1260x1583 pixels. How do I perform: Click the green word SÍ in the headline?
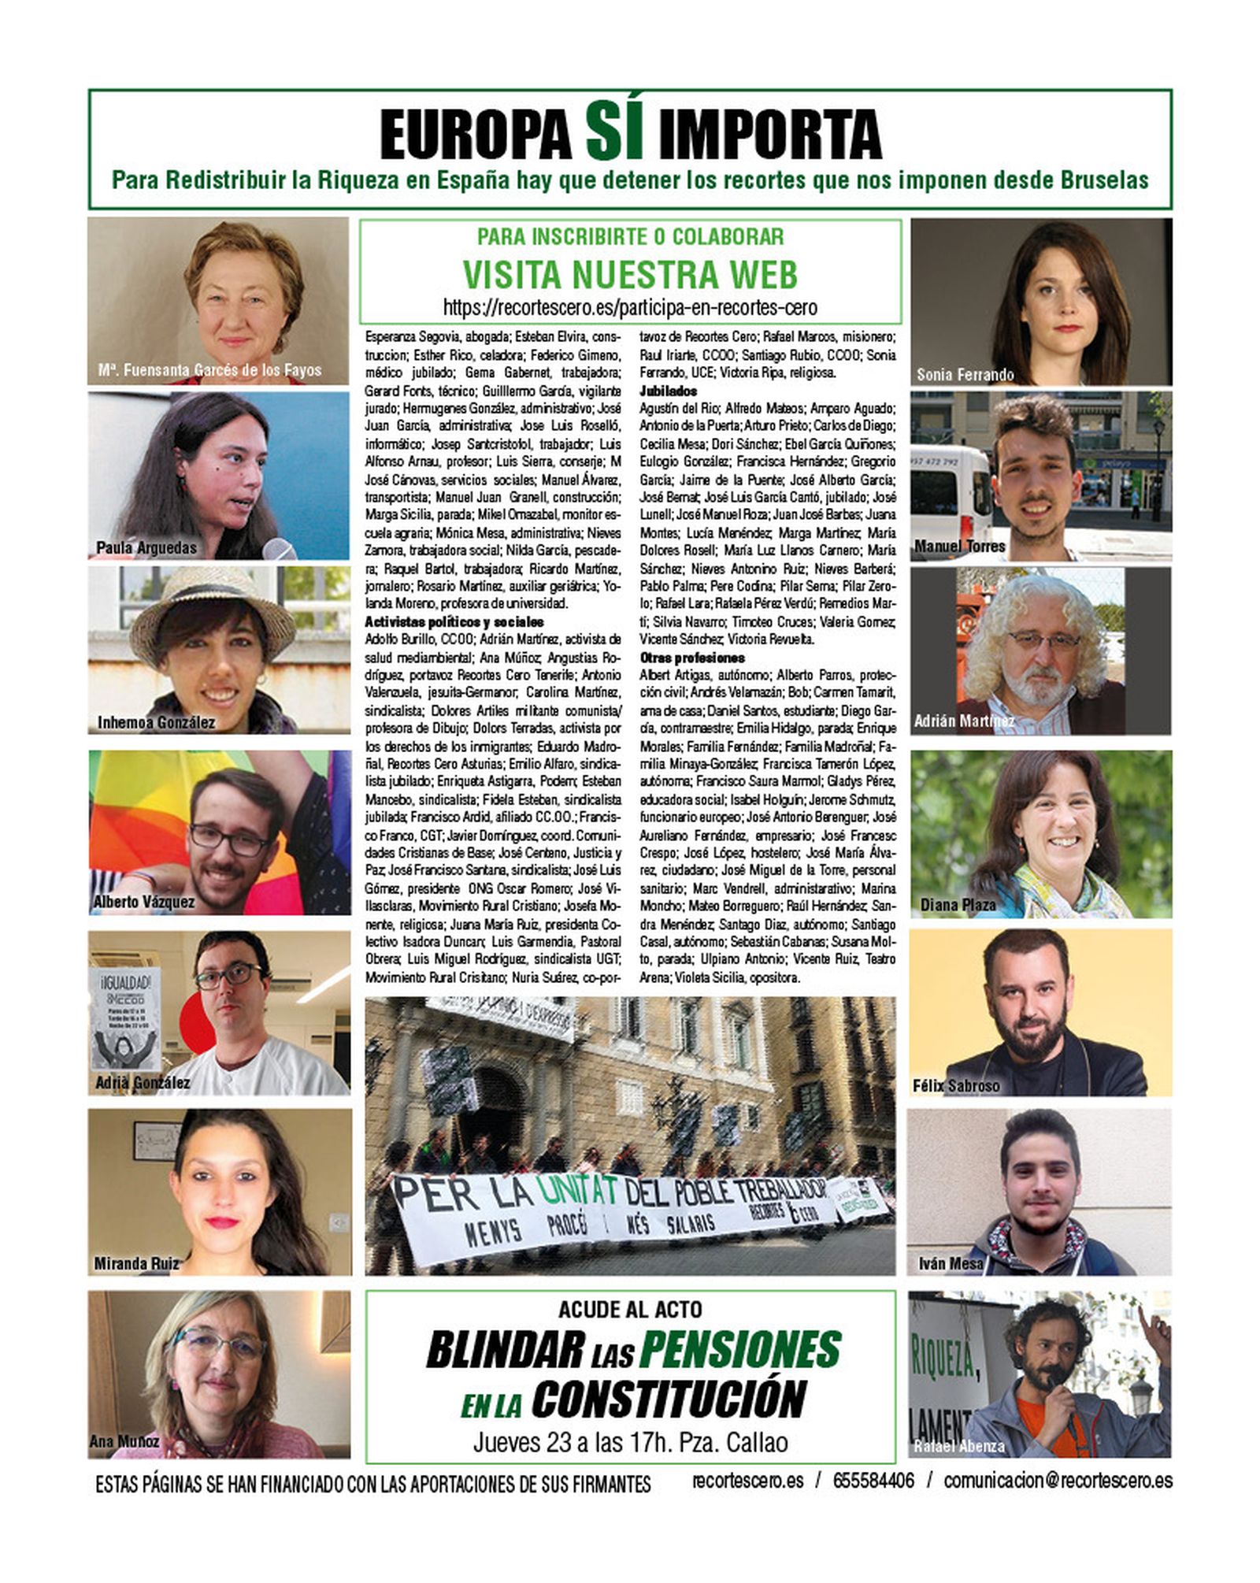coord(615,133)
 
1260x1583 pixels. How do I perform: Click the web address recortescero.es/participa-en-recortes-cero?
coord(630,307)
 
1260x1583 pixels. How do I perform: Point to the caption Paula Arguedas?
coord(146,547)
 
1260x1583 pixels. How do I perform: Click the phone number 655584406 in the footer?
coord(873,1481)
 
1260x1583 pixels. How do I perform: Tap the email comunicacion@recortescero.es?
coord(1058,1481)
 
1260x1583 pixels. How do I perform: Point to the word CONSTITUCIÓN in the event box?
coord(668,1398)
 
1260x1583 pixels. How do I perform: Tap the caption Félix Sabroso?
coord(956,1086)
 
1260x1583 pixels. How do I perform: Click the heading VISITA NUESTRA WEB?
coord(630,274)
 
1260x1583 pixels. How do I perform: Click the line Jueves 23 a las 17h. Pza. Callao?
coord(630,1442)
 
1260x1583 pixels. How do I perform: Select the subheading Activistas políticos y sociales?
coord(454,622)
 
